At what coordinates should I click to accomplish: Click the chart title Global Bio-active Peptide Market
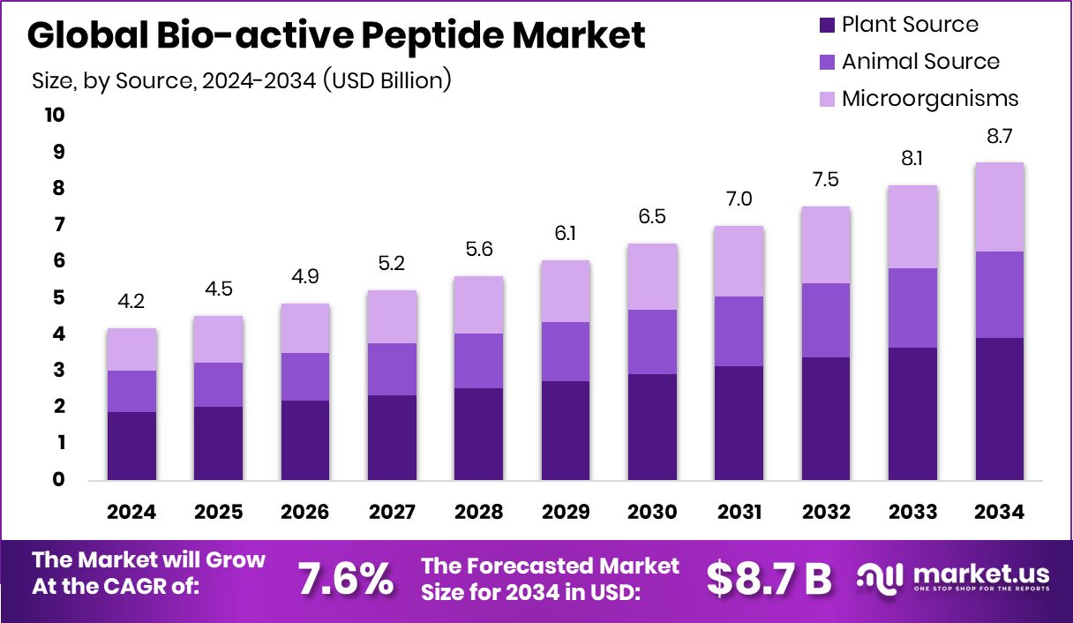point(336,36)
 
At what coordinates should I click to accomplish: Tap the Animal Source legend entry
point(909,62)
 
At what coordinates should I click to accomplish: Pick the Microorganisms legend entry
point(918,98)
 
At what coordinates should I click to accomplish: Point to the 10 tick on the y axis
point(53,116)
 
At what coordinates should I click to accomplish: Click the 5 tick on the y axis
point(58,298)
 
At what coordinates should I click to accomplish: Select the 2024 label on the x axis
point(131,513)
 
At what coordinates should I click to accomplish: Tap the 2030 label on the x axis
point(652,513)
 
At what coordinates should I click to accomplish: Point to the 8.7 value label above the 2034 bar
point(1000,137)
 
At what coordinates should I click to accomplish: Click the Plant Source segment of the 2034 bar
point(1000,409)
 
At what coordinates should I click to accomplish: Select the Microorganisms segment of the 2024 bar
point(131,349)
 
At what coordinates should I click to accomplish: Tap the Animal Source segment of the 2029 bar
point(565,351)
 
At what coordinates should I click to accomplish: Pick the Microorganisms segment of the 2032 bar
point(826,244)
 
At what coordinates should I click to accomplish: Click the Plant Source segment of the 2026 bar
point(304,440)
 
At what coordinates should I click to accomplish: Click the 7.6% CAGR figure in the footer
point(346,579)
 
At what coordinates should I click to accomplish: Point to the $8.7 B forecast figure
point(769,579)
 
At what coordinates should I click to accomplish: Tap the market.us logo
point(954,579)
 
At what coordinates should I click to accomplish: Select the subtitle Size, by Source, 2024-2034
point(242,80)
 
